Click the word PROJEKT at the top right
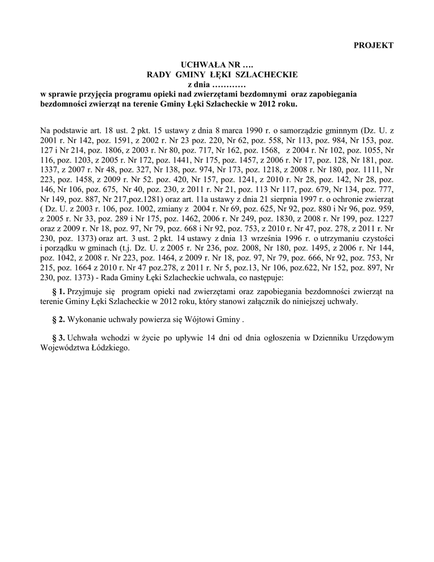pyautogui.click(x=373, y=45)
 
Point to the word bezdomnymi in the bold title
pyautogui.click(x=264, y=94)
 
